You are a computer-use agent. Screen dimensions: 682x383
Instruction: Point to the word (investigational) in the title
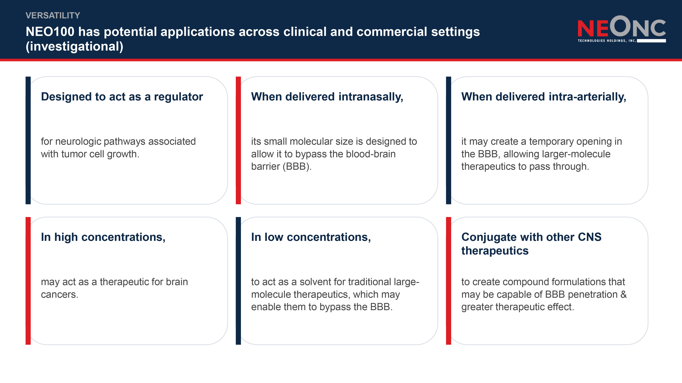[74, 46]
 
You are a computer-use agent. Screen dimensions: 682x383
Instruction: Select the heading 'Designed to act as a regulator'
[122, 97]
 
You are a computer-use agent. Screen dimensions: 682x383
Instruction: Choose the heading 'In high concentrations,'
[103, 237]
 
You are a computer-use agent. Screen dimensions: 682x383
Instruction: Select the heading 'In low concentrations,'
[311, 237]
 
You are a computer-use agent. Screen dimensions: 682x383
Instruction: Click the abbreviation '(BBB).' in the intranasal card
[297, 166]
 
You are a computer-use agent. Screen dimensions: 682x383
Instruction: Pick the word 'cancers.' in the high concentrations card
[60, 294]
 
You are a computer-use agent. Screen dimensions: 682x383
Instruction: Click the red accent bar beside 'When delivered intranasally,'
[238, 140]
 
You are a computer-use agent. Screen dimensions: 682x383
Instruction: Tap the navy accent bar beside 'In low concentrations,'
[238, 281]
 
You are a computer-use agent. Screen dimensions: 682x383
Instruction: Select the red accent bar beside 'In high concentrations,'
[28, 281]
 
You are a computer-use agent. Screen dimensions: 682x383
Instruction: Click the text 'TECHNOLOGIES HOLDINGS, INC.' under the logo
[607, 41]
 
